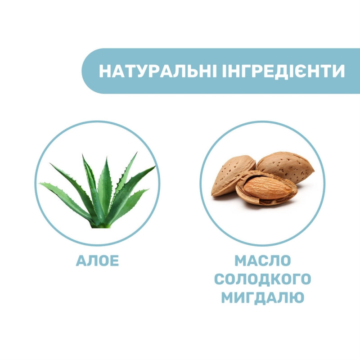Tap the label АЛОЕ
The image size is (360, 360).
pos(98,261)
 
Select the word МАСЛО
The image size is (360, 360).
pos(262,261)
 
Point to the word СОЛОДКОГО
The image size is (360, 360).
pos(262,279)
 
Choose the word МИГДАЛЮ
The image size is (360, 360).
pos(262,297)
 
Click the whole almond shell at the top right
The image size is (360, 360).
pos(286,166)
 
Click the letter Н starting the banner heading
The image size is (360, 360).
pos(104,72)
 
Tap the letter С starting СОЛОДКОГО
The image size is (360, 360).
pos(219,279)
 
